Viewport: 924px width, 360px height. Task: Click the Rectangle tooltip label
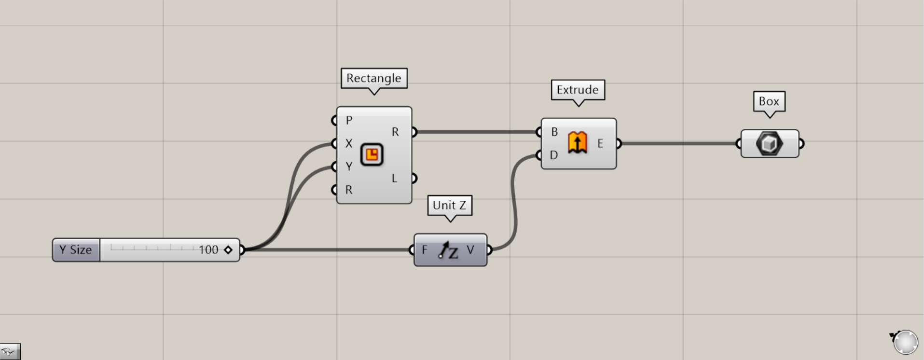tap(374, 78)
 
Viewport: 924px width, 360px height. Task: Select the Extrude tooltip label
tap(578, 90)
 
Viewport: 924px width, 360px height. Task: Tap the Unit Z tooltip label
tap(449, 205)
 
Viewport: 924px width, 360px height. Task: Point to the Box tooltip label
tap(769, 101)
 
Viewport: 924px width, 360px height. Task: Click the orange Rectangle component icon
tap(372, 155)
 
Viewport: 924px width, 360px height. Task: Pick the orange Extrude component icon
tap(577, 143)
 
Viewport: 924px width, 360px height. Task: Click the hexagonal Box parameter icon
tap(769, 144)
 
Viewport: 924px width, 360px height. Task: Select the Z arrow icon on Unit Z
tap(449, 250)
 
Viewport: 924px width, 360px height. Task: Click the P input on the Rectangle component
tap(349, 120)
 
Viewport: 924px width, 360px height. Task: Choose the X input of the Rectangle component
tap(348, 143)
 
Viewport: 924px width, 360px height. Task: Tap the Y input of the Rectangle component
tap(348, 166)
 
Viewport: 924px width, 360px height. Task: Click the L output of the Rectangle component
tap(395, 178)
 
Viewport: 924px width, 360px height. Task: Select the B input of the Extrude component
tap(554, 132)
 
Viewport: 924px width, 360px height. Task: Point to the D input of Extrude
tap(554, 155)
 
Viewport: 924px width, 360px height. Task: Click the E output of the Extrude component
tap(600, 143)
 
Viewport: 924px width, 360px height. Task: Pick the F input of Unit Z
tap(425, 250)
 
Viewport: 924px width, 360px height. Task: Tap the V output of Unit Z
tap(470, 250)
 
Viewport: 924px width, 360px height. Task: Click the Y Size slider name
tap(76, 250)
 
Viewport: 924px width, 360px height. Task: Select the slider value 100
tap(208, 250)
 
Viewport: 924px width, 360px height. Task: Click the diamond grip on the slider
tap(228, 250)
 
